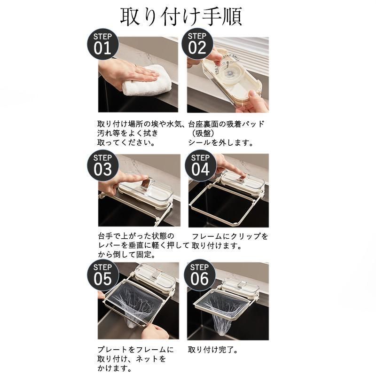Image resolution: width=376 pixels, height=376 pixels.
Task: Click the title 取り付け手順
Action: [181, 17]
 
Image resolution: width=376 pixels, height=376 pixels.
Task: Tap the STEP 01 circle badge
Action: [102, 44]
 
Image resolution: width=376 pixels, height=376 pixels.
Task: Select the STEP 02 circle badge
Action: [197, 44]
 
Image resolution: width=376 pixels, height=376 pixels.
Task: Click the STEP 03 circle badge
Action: [102, 165]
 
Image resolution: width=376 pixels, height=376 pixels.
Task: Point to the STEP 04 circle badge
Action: [201, 165]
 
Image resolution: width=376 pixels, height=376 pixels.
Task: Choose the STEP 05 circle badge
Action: [102, 275]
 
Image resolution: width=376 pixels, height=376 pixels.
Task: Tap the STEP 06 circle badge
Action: [199, 275]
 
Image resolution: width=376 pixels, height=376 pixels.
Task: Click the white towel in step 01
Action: [147, 81]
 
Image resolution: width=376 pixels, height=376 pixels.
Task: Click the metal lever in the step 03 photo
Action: [147, 182]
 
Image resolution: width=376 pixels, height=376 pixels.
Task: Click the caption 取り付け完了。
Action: [213, 350]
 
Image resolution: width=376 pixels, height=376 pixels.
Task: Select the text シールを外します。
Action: [220, 143]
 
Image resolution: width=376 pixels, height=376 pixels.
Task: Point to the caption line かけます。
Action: [114, 368]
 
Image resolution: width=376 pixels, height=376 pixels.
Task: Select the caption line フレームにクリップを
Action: [230, 236]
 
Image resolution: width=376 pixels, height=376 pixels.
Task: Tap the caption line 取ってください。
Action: [126, 143]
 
